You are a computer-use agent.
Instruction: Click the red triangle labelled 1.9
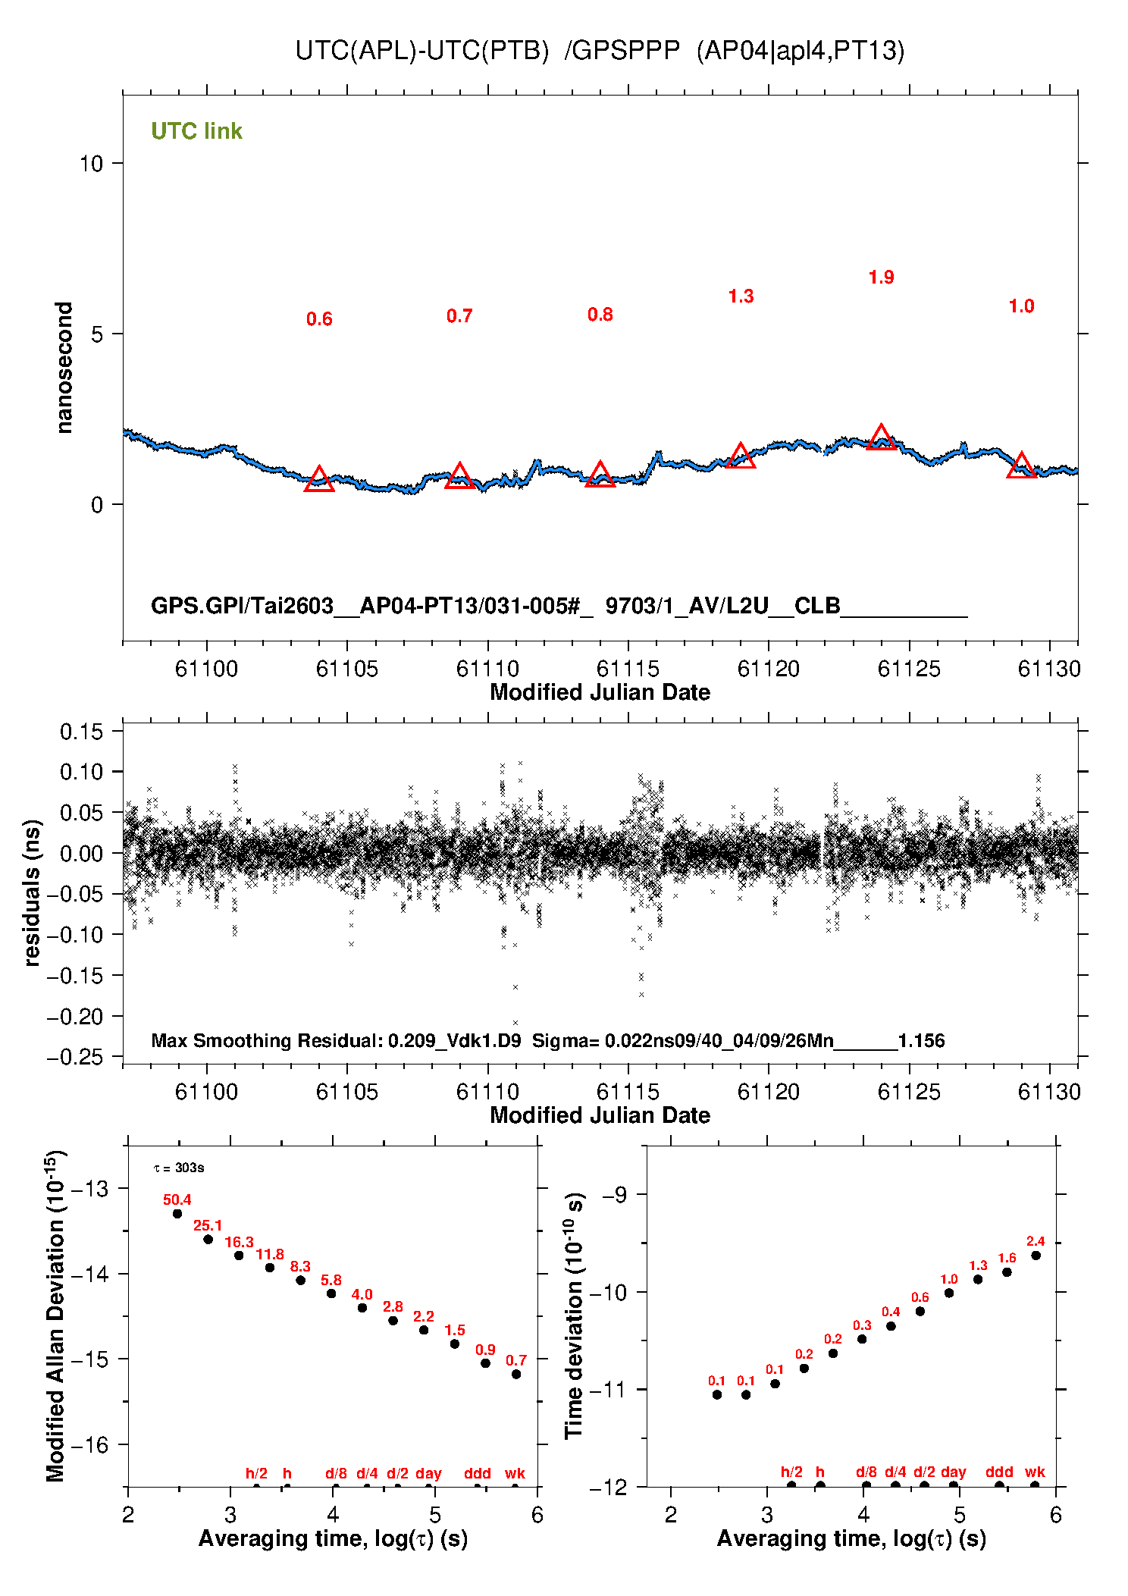[x=881, y=438]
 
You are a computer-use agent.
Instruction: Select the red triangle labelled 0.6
[x=319, y=480]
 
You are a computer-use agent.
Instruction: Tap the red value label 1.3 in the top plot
[x=741, y=296]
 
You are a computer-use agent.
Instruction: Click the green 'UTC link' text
[x=196, y=131]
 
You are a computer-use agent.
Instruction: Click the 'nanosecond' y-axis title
[x=64, y=368]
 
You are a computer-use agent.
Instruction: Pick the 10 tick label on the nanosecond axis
[x=91, y=163]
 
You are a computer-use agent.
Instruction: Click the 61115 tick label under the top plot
[x=628, y=669]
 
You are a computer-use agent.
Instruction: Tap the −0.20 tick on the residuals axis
[x=74, y=1017]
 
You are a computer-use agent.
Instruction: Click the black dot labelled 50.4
[x=177, y=1213]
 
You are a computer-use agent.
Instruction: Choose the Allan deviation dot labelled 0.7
[x=516, y=1374]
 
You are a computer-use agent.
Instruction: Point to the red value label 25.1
[x=208, y=1225]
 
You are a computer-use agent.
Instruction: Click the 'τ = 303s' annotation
[x=179, y=1168]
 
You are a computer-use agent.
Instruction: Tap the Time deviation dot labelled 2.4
[x=1036, y=1256]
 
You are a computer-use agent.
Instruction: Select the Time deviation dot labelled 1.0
[x=949, y=1293]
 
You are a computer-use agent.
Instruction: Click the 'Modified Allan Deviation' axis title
[x=55, y=1315]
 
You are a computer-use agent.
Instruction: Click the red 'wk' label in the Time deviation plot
[x=1035, y=1472]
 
